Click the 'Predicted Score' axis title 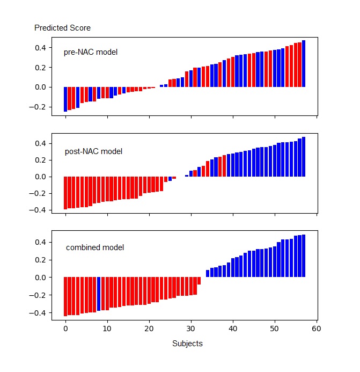pyautogui.click(x=62, y=28)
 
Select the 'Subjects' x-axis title pyautogui.click(x=187, y=344)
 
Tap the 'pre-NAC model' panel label pyautogui.click(x=91, y=53)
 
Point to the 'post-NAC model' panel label pyautogui.click(x=93, y=151)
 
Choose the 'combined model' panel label pyautogui.click(x=95, y=247)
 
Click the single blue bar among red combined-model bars pyautogui.click(x=99, y=294)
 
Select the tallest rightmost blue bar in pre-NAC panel pyautogui.click(x=304, y=63)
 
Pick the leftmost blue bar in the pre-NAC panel pyautogui.click(x=65, y=99)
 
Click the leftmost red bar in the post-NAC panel pyautogui.click(x=65, y=192)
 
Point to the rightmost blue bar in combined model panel pyautogui.click(x=304, y=256)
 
